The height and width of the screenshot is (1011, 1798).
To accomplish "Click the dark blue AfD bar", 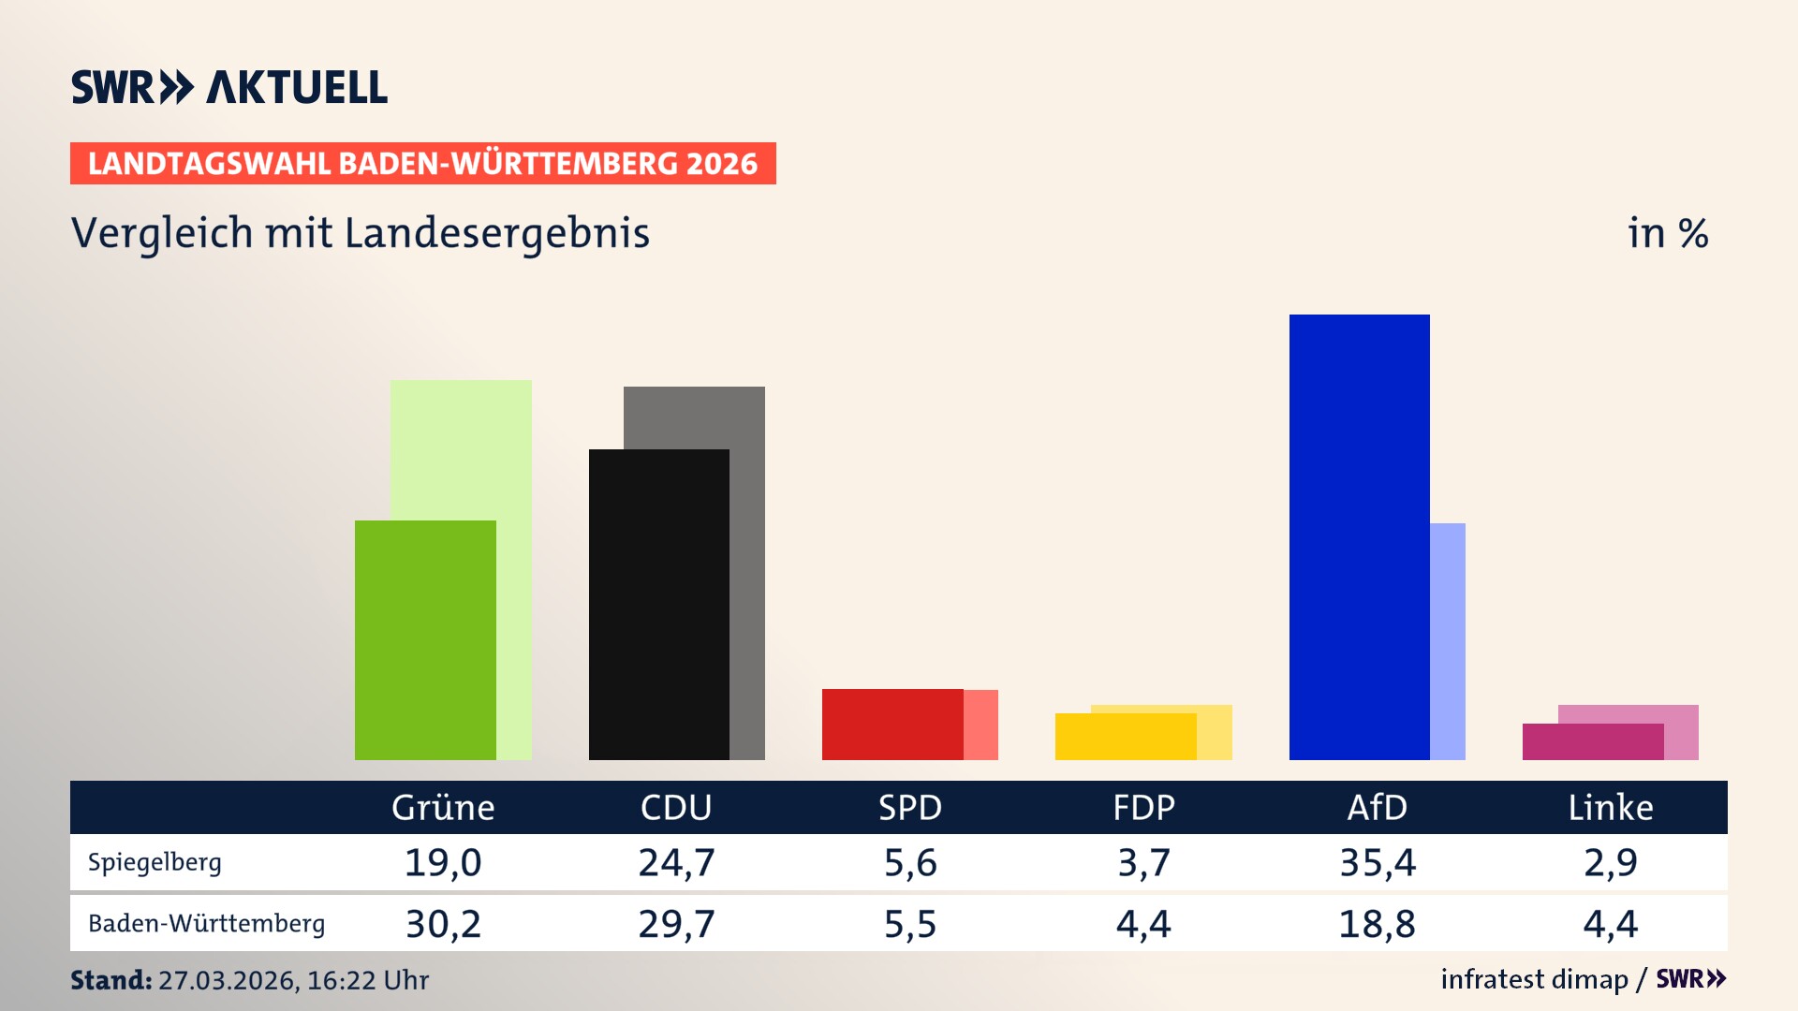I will pyautogui.click(x=1359, y=536).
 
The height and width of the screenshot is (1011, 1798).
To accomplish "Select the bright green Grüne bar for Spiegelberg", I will pyautogui.click(x=425, y=639).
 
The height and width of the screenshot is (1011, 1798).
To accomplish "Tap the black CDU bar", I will pyautogui.click(x=658, y=604).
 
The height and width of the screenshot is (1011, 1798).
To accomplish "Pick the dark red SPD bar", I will pyautogui.click(x=892, y=724).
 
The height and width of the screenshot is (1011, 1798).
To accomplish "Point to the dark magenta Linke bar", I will pyautogui.click(x=1592, y=741).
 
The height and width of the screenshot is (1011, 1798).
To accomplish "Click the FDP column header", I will pyautogui.click(x=1143, y=807).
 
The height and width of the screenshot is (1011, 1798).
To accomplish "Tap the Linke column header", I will pyautogui.click(x=1611, y=807).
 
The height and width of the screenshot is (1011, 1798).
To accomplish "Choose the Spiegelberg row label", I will pyautogui.click(x=155, y=862).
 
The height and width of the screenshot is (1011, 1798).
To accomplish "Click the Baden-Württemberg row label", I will pyautogui.click(x=206, y=923).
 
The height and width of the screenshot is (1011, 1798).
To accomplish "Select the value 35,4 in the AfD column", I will pyautogui.click(x=1378, y=862).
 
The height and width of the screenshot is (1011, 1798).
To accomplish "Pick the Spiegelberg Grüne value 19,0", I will pyautogui.click(x=443, y=862).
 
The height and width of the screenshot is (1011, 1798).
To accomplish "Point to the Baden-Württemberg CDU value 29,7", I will pyautogui.click(x=676, y=924).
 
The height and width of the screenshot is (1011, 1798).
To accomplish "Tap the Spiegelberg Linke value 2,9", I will pyautogui.click(x=1611, y=862).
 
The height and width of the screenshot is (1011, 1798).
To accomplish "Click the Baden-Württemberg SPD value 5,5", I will pyautogui.click(x=910, y=924).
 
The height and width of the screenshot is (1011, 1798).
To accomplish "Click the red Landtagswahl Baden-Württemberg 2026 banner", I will pyautogui.click(x=422, y=163).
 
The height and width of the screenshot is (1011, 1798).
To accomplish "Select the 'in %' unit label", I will pyautogui.click(x=1668, y=233).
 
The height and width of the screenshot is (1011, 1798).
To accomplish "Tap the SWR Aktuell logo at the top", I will pyautogui.click(x=229, y=87).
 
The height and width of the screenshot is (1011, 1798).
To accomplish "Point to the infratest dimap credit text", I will pyautogui.click(x=1534, y=979).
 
